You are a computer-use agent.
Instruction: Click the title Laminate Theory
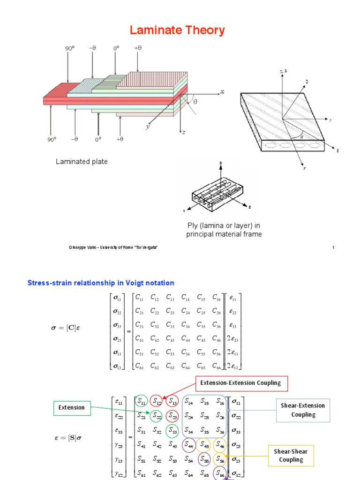pos(177,31)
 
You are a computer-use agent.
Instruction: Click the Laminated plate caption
pos(82,162)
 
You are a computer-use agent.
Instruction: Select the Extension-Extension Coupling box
pos(240,383)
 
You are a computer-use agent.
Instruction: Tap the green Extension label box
pos(71,408)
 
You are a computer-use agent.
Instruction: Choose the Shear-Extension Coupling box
pos(303,410)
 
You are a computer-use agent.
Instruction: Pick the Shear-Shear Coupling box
pos(291,455)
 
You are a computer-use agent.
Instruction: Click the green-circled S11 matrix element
pos(141,401)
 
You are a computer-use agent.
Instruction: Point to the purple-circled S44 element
pos(189,444)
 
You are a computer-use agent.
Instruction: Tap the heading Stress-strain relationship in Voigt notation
pos(101,283)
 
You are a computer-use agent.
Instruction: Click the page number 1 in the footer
pos(333,247)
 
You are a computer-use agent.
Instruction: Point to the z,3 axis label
pos(283,71)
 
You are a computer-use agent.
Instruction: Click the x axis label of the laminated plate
pos(222,92)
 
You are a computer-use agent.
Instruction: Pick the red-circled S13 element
pos(173,401)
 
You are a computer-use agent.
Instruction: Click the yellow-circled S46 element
pos(220,444)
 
